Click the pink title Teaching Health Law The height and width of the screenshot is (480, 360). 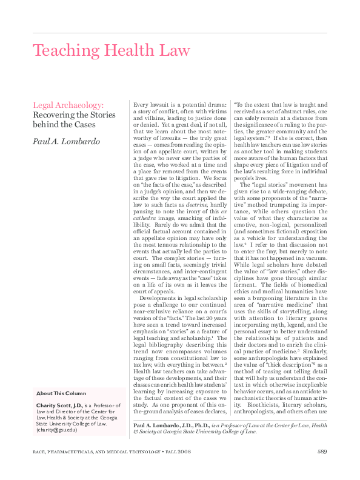pyautogui.click(x=111, y=50)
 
